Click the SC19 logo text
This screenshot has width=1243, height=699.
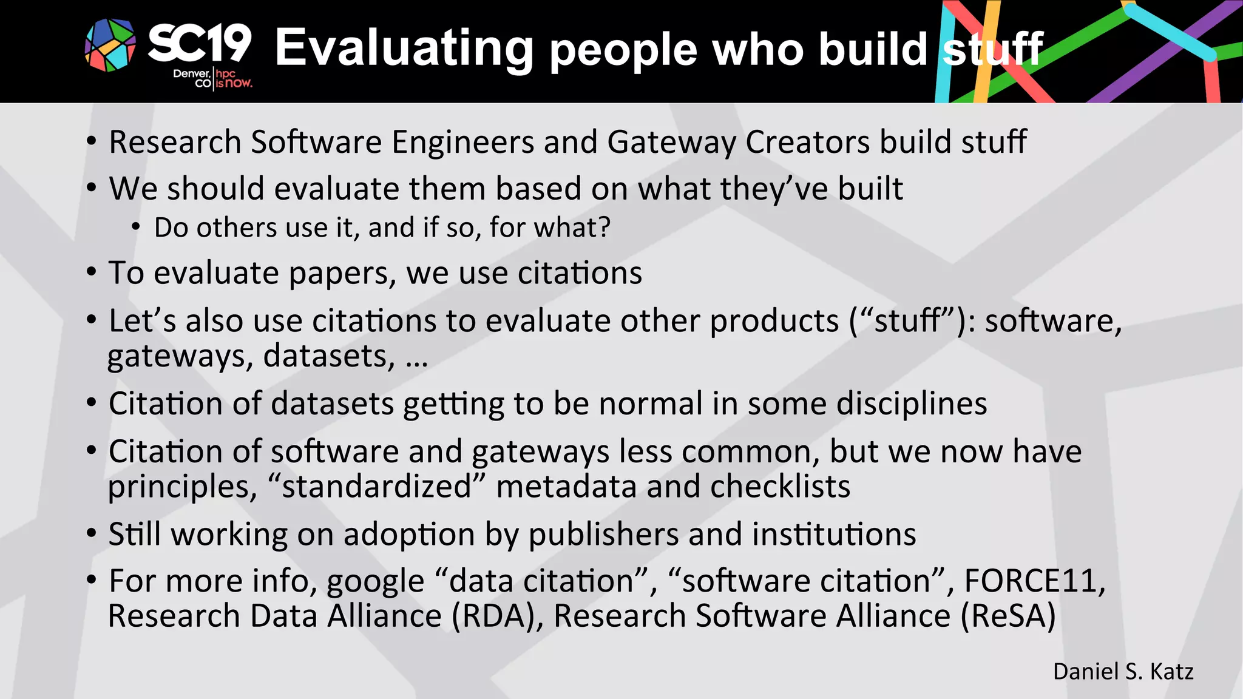(x=199, y=44)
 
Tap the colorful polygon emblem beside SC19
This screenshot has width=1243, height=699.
(x=110, y=45)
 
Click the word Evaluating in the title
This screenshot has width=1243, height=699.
(x=404, y=49)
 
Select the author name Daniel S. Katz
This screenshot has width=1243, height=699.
(x=1123, y=672)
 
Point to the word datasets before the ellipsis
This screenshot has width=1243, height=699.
(x=329, y=356)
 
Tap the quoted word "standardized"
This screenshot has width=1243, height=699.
(x=376, y=487)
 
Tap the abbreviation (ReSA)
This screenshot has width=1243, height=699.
(x=1008, y=616)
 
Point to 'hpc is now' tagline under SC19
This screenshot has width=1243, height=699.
(x=233, y=79)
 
